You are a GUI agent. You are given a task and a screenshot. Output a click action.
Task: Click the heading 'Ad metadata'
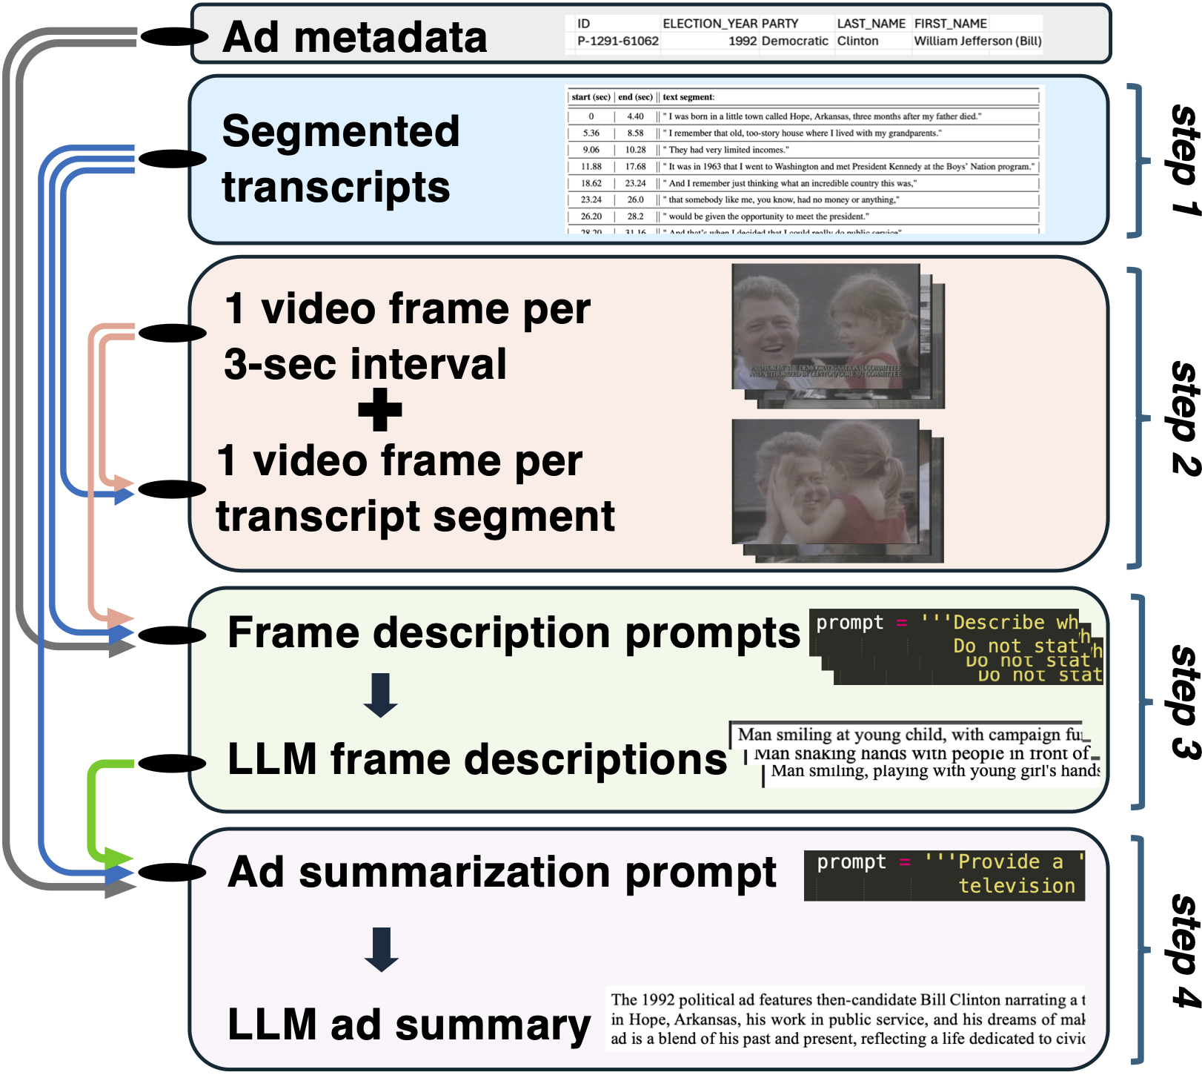355,37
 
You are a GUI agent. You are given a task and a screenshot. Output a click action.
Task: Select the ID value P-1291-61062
617,42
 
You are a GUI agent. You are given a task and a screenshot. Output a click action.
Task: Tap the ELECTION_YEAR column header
710,24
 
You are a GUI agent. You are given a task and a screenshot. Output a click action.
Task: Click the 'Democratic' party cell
794,42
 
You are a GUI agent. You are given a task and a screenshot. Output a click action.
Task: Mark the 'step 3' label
1184,701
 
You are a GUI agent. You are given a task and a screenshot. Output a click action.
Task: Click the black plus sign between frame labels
380,410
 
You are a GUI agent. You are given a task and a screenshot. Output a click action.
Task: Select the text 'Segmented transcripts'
340,159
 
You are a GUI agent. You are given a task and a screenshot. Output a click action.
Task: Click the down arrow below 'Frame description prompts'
381,695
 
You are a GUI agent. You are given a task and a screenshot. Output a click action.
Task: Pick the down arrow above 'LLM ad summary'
382,949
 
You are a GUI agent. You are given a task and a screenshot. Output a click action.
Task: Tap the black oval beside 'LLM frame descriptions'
172,763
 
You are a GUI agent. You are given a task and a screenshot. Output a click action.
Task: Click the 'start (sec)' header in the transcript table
591,97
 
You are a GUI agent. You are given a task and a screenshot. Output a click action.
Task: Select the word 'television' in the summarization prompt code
1017,885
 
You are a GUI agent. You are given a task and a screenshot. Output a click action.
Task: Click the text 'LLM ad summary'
409,1025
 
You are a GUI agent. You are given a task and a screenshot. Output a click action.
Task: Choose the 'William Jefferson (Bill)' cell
977,42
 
